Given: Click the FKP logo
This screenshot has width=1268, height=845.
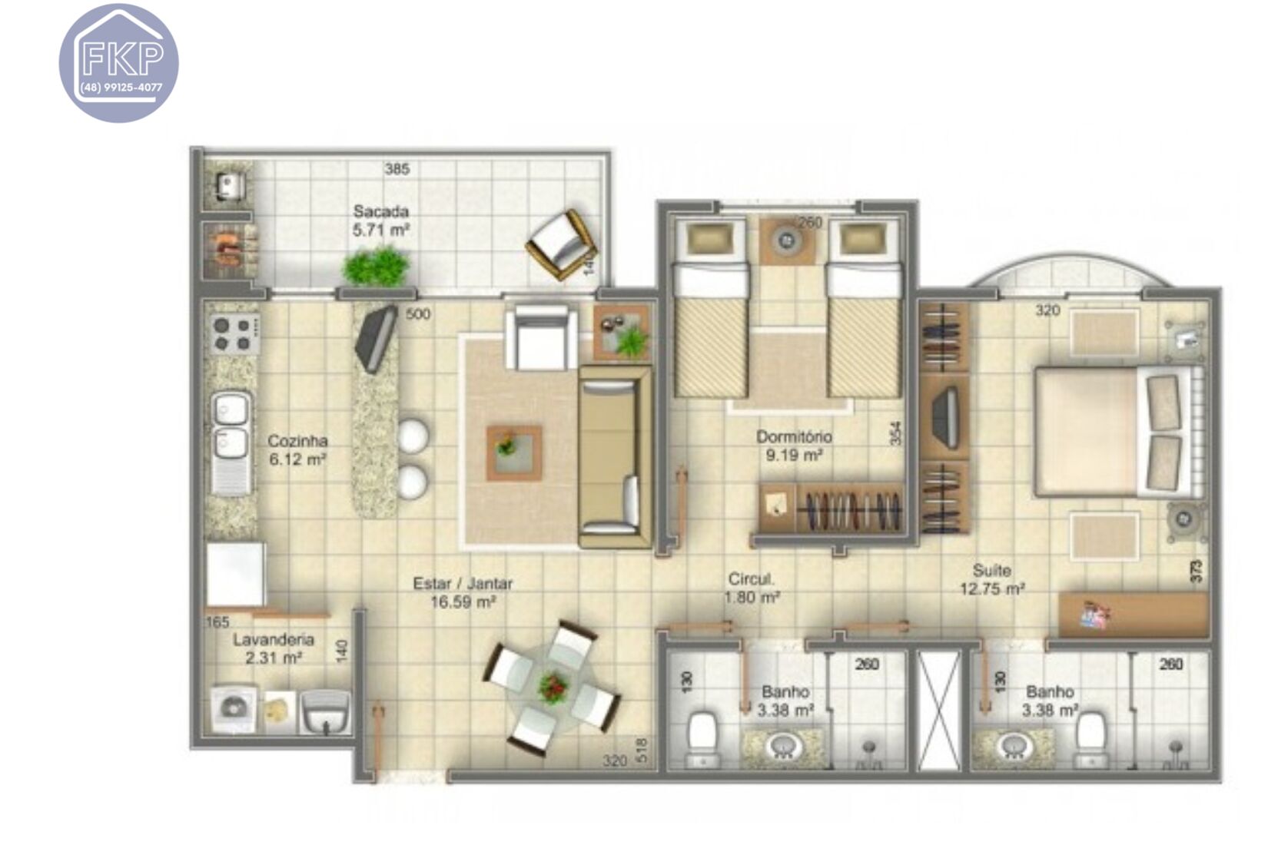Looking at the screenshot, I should coord(119,63).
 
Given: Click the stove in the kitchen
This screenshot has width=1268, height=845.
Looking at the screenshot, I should coord(234,333).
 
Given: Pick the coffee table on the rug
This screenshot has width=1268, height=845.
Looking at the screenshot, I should coord(513,452).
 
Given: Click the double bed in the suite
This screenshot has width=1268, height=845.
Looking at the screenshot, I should coord(1114,431).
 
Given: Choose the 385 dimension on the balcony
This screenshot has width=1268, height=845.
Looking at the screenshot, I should coord(397,168).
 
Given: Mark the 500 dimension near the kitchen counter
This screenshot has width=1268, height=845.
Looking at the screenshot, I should coord(418,313).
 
